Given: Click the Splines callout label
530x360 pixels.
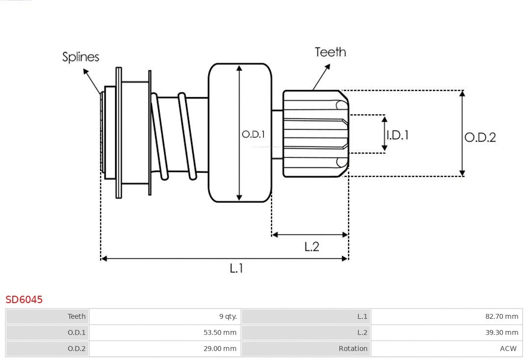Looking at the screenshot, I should tap(80, 57).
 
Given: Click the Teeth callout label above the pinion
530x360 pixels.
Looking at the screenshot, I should tap(330, 52).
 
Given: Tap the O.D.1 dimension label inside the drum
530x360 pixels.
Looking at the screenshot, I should tap(253, 134).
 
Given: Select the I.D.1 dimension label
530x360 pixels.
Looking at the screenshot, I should tap(397, 135).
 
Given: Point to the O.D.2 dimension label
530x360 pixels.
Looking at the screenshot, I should tap(480, 137).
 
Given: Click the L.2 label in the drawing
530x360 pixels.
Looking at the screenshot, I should tap(312, 246).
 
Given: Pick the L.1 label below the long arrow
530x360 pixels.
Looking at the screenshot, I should tap(237, 268).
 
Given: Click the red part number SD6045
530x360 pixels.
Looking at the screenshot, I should tap(24, 299).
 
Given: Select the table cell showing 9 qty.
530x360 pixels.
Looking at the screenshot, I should tap(228, 316).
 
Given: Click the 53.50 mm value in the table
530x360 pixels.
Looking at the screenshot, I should tap(220, 333).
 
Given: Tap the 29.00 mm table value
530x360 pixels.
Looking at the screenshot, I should tap(220, 349).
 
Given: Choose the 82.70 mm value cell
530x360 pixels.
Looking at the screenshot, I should tap(502, 316).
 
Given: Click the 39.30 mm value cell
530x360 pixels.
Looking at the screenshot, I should tap(502, 333).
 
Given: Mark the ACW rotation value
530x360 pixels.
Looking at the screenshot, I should tap(508, 349).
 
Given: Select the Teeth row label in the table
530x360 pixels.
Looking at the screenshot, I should tap(77, 316).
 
